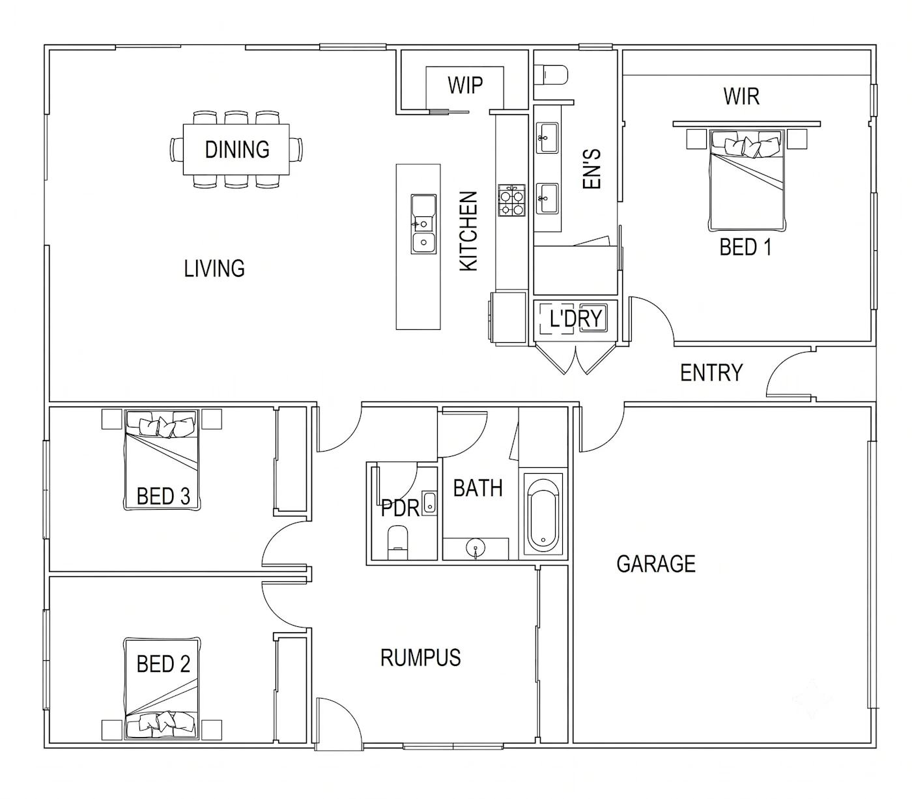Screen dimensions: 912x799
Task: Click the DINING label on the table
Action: click(237, 149)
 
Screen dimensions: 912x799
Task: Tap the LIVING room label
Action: click(214, 269)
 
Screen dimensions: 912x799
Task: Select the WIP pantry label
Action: click(465, 85)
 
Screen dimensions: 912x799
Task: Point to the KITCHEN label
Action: click(468, 231)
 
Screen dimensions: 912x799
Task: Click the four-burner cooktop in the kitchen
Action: click(511, 201)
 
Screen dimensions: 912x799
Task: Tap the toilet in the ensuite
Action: click(551, 74)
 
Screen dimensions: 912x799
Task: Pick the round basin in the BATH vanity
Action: click(476, 546)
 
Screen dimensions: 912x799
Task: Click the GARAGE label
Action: click(656, 564)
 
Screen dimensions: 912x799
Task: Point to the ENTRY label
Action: click(711, 373)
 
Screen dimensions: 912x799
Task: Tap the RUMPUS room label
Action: click(420, 658)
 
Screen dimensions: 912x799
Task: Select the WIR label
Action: click(741, 96)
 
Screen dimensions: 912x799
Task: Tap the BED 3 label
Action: click(163, 496)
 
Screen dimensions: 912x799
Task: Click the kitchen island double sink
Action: click(423, 224)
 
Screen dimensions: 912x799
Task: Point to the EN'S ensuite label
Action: click(592, 169)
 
